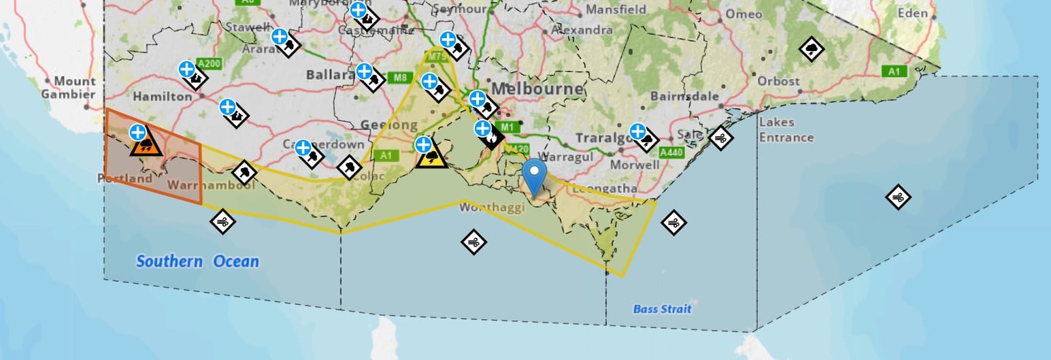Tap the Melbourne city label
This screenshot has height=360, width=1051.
(537, 89)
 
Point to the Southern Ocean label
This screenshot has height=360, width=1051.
(197, 261)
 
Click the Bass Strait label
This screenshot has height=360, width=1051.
(662, 309)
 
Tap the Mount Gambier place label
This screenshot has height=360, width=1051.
(68, 88)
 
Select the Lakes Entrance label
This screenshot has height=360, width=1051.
(786, 130)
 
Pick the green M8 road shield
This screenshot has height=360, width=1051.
(399, 78)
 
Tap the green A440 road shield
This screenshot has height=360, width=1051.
(671, 152)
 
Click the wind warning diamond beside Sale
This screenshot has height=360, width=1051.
(720, 138)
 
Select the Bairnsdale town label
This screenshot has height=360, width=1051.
(684, 96)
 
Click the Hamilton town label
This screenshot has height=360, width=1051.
(163, 97)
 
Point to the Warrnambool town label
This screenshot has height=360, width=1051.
(211, 185)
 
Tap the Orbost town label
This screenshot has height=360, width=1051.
(779, 81)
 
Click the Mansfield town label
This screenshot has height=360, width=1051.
(616, 10)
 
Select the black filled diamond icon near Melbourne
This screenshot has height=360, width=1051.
(492, 138)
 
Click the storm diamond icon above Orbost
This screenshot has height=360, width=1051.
(812, 49)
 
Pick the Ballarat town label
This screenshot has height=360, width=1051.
(333, 74)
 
